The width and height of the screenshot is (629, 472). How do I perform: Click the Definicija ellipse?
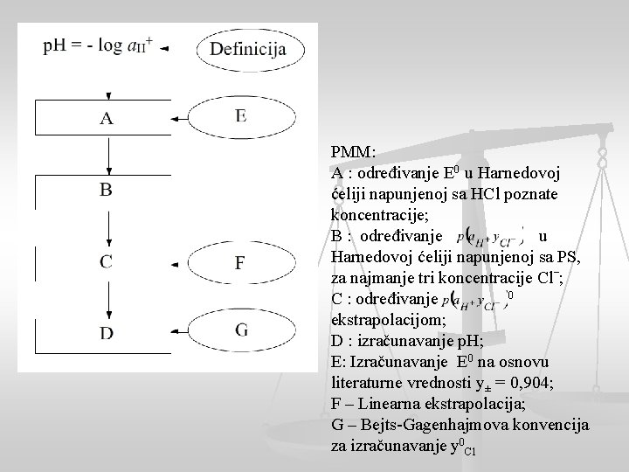tap(247, 48)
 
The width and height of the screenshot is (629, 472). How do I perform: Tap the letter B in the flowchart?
tap(106, 190)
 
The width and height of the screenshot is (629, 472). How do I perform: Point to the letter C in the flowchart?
tap(106, 261)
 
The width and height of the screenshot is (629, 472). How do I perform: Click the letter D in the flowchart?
tap(106, 331)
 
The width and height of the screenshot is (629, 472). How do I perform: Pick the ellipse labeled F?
tap(240, 262)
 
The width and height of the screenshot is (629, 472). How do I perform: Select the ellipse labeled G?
tap(240, 330)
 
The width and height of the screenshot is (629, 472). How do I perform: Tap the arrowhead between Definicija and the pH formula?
tap(165, 49)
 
